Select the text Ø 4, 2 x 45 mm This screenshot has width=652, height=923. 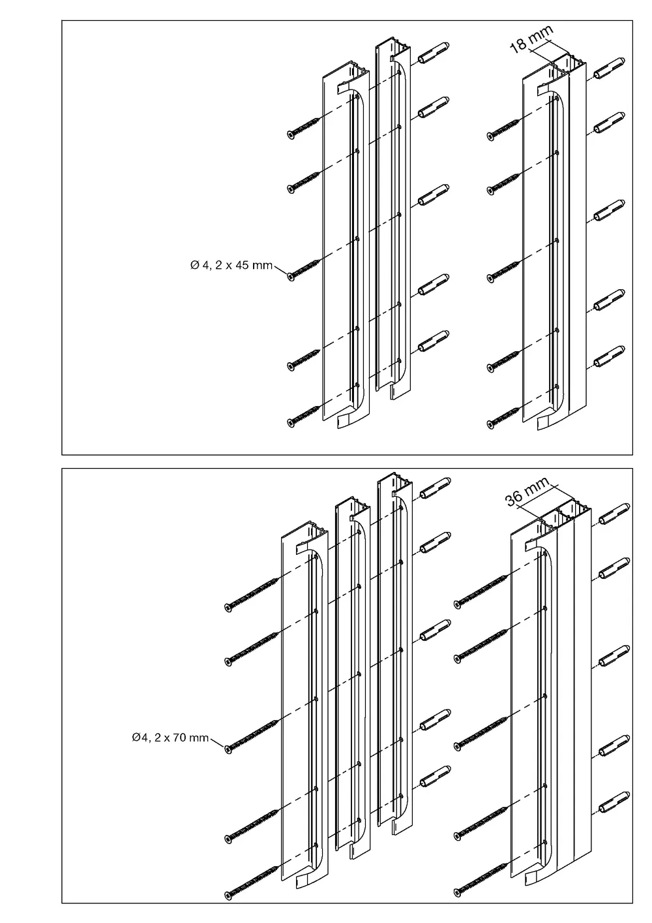click(x=231, y=265)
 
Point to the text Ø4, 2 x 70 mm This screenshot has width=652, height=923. click(x=170, y=738)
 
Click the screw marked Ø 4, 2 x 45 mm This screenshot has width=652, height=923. click(x=304, y=269)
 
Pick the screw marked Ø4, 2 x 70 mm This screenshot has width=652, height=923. click(x=253, y=736)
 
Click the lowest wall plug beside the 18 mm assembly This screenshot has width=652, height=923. click(x=610, y=356)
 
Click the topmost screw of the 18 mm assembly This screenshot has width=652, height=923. click(x=503, y=129)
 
